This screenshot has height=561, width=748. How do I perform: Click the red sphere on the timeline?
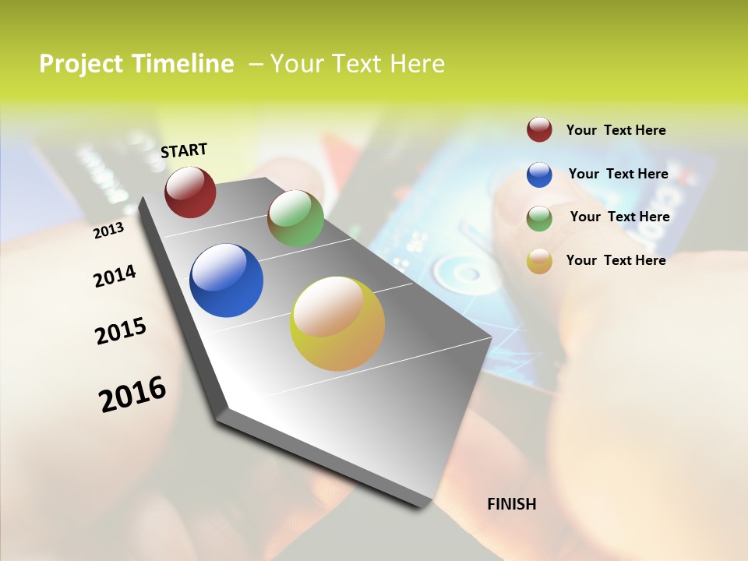tap(190, 192)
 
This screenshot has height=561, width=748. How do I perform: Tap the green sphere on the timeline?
tap(295, 219)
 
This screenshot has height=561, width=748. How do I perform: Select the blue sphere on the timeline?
tap(227, 280)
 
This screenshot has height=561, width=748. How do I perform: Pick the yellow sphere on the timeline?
tap(337, 323)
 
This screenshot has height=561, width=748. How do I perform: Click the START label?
tap(184, 150)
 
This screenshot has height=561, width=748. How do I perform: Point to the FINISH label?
tap(511, 504)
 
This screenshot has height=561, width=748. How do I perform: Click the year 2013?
tap(108, 230)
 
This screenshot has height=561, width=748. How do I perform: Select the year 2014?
tap(115, 276)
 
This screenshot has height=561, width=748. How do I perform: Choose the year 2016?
tap(132, 394)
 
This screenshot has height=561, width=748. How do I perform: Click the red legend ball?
tap(539, 129)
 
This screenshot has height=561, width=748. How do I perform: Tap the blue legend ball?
tap(539, 175)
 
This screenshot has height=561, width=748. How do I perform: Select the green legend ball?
tap(539, 218)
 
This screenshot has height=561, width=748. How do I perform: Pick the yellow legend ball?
tap(539, 261)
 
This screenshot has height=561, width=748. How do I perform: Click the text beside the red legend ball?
tap(616, 130)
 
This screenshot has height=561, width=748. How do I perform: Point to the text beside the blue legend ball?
tap(618, 174)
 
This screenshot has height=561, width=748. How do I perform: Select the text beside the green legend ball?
tap(619, 217)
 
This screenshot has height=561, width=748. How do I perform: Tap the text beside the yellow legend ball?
tap(616, 260)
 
